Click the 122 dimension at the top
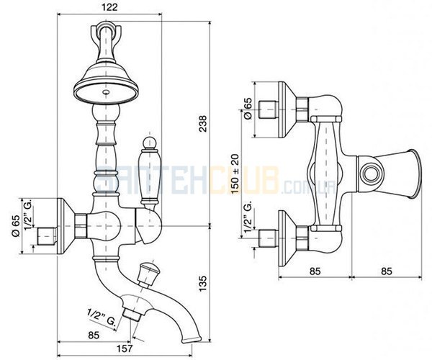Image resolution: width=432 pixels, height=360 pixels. pos(109,7)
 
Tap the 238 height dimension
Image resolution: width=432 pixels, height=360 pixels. pos(203,124)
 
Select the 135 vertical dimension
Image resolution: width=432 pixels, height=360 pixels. pos(202,283)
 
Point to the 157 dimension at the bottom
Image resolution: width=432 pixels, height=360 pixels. pos(125,348)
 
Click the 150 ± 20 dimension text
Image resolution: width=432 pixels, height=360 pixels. pos(235,174)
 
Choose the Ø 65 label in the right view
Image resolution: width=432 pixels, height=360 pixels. pos(248,109)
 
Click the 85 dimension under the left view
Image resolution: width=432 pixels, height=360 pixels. pos(94,336)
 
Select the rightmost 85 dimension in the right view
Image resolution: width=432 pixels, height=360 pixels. pos(386,271)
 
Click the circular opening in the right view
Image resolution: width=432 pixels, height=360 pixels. pos(372,174)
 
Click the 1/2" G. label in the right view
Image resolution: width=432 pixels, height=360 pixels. pos(248,216)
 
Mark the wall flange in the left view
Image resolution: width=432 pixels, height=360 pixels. pos(66,226)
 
